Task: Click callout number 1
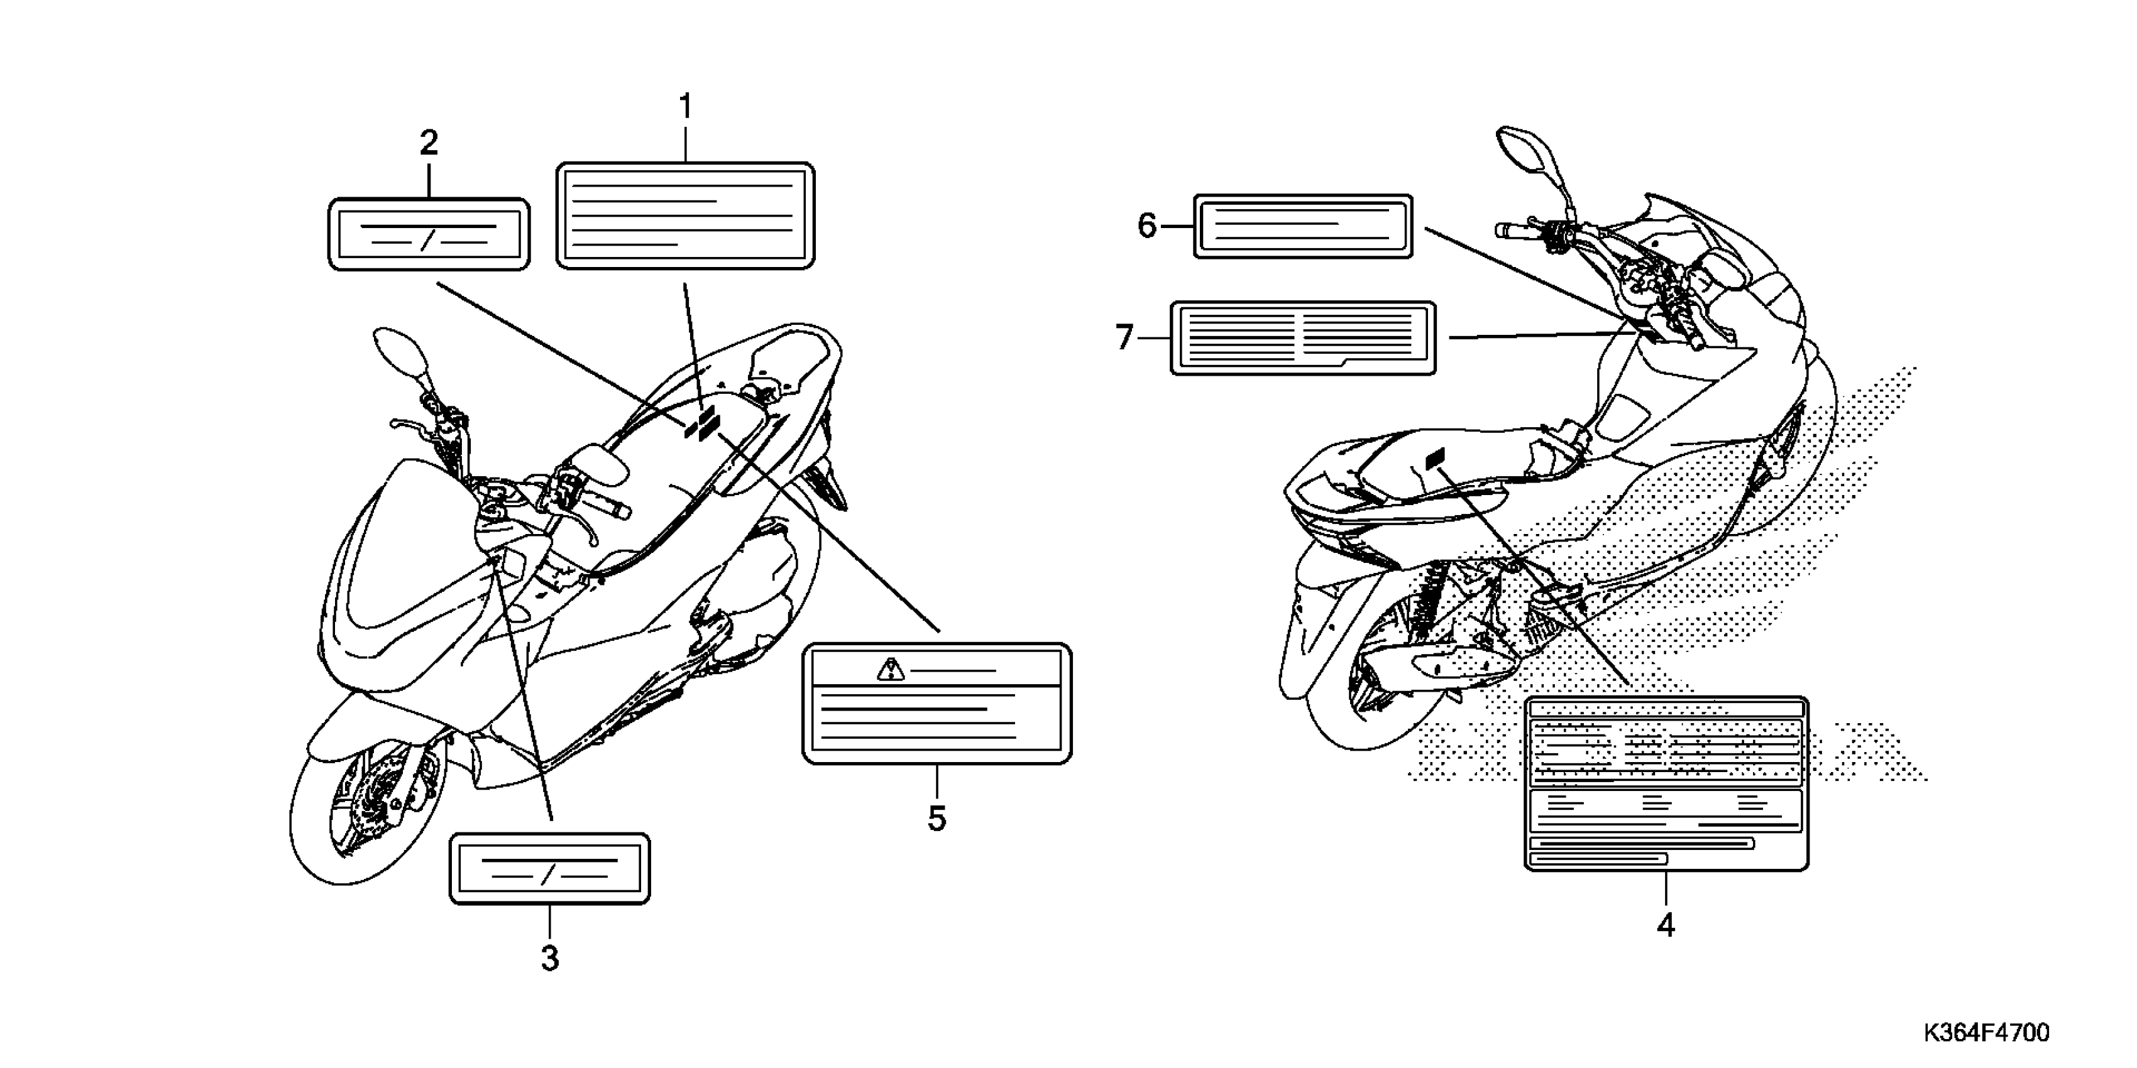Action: point(685,107)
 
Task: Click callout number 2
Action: point(428,143)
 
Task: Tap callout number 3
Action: point(550,959)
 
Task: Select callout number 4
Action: point(1666,925)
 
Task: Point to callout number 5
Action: point(937,819)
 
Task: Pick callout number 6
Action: point(1146,226)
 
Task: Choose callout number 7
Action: point(1124,337)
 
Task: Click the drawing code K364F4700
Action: point(1984,1032)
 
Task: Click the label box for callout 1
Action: point(685,215)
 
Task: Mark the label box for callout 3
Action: point(550,868)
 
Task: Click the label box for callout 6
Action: point(1302,226)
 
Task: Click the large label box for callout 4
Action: point(1666,783)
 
